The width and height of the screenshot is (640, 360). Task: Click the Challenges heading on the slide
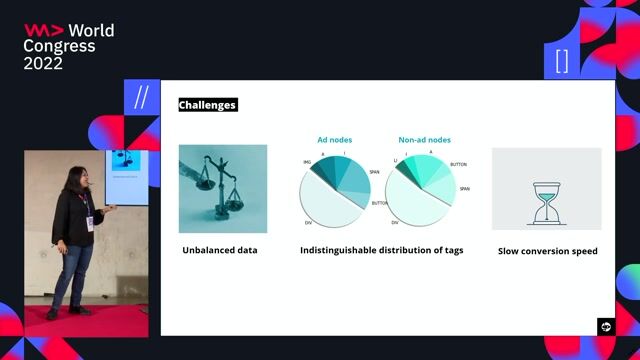point(207,104)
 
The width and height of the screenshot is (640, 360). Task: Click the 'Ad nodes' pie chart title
point(334,141)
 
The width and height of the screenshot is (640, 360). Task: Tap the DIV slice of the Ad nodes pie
point(329,205)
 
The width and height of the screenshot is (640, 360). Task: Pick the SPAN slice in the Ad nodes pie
point(356,181)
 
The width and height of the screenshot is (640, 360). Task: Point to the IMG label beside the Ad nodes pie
point(307,161)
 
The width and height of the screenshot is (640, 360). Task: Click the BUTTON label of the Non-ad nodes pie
point(459,164)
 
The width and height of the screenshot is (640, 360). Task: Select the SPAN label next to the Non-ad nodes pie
point(465,188)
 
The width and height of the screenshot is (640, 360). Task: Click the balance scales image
point(223,188)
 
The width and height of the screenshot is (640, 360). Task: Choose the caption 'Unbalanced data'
point(220,250)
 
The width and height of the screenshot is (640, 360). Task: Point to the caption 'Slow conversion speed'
point(547,251)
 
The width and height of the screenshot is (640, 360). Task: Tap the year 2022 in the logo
point(43,62)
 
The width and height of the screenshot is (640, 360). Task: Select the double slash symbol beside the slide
point(141,97)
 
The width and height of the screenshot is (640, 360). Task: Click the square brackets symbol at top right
point(561,61)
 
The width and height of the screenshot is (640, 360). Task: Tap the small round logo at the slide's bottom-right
point(605,326)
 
